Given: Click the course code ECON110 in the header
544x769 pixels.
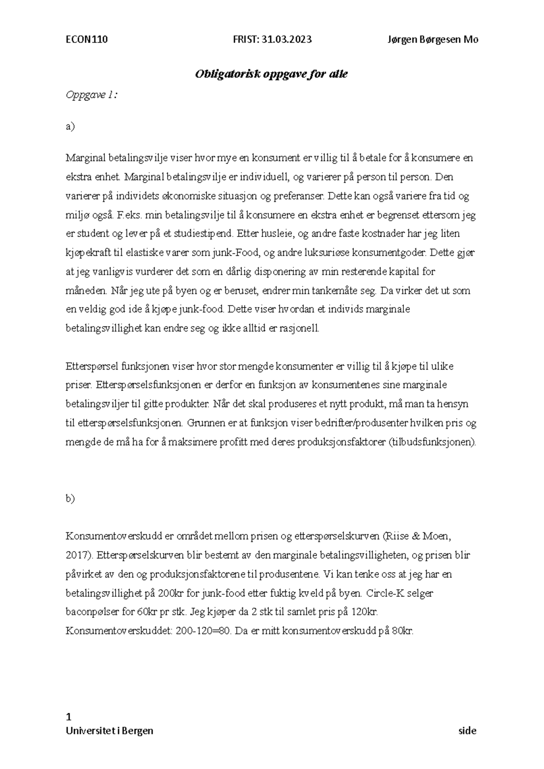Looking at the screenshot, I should tap(87, 39).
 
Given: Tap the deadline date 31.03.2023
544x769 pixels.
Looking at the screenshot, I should tap(285, 39).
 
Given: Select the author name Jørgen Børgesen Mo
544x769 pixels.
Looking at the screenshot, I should tap(433, 39).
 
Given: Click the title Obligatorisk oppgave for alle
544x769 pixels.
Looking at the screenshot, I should tap(271, 74).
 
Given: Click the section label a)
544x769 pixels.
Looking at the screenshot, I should tap(70, 127).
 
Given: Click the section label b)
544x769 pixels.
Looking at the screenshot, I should tap(70, 499).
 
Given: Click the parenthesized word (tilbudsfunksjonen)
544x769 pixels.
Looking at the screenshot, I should tap(432, 442).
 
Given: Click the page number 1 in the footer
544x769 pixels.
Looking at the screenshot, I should tap(69, 717).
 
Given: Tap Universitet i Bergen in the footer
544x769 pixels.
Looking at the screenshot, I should tap(109, 731).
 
